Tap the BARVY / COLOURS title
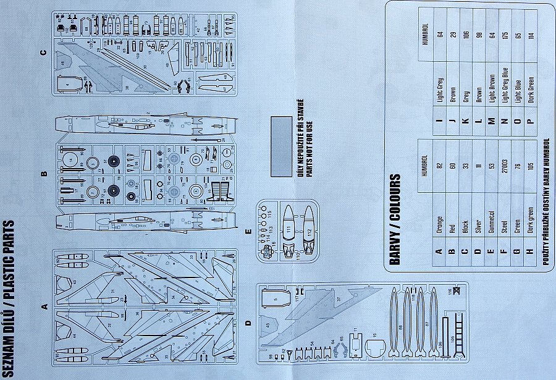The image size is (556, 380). [x=395, y=219]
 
